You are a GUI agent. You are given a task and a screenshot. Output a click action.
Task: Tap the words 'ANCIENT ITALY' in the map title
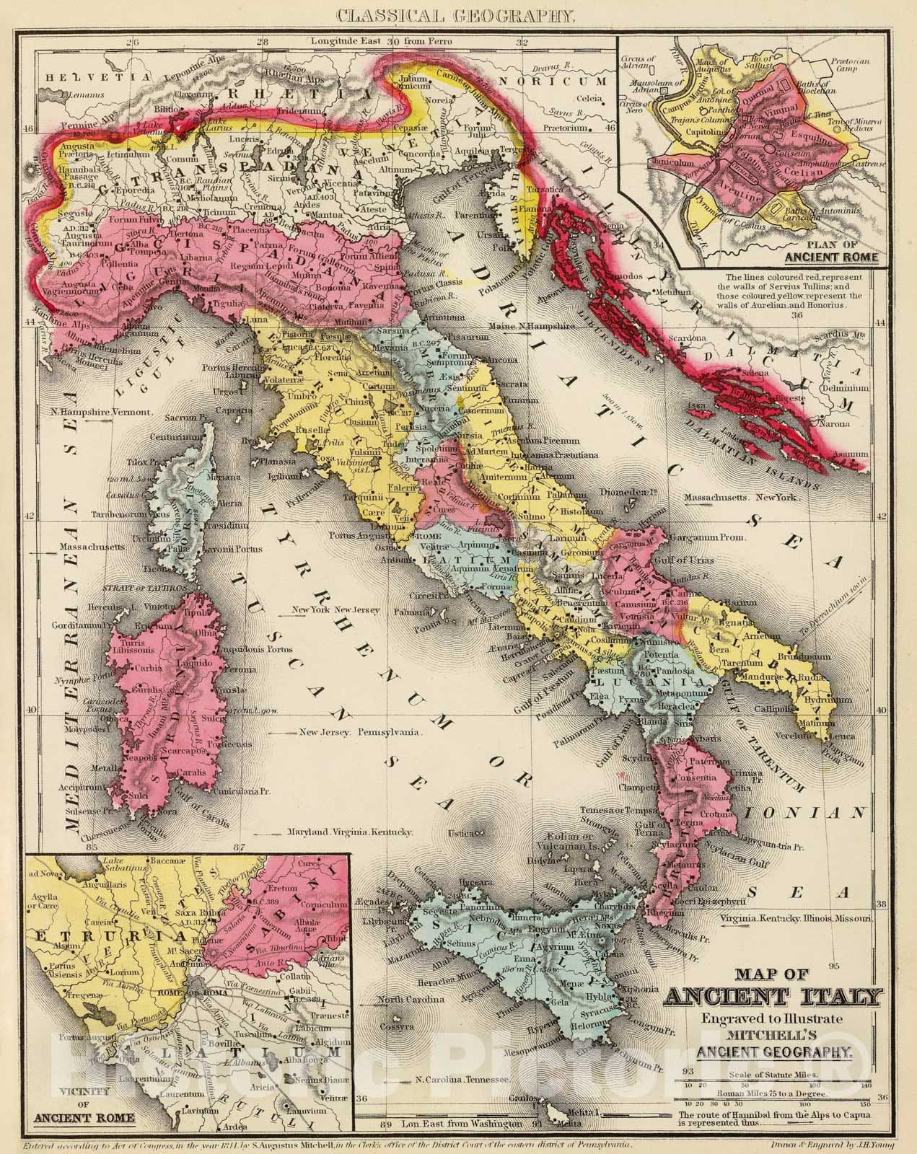pyautogui.click(x=772, y=998)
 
